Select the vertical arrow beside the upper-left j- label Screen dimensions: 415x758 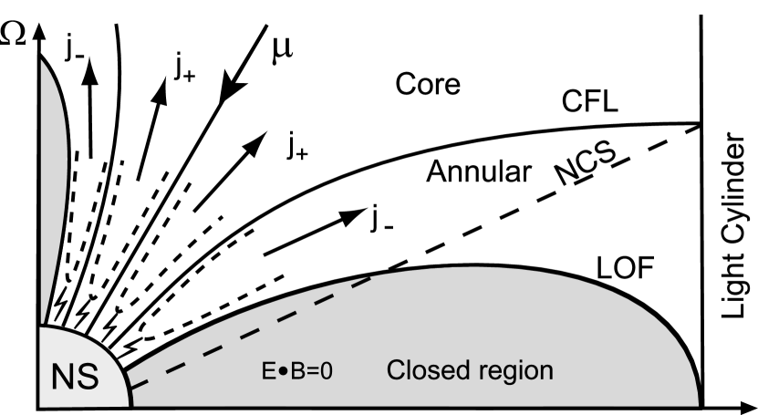click(89, 100)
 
